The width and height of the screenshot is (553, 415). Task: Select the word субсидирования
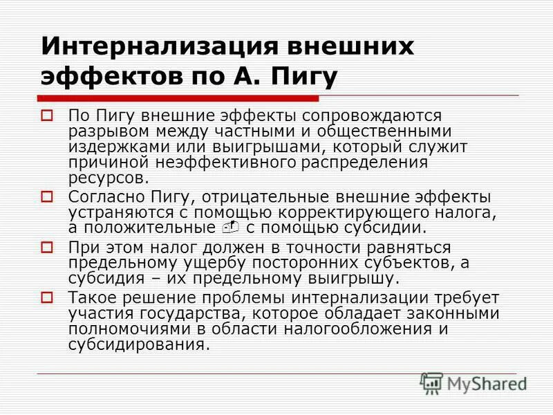tap(138, 344)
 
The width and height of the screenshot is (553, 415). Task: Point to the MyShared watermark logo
tap(474, 383)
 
